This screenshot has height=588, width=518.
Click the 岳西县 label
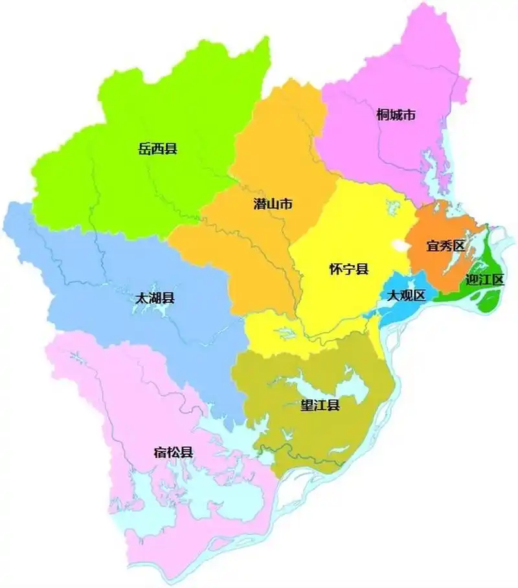[x=157, y=149]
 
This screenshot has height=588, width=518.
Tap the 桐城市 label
[x=395, y=116]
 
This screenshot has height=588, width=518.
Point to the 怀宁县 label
[x=348, y=269]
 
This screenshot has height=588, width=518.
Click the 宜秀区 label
[x=446, y=246]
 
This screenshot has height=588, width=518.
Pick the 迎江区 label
[x=484, y=279]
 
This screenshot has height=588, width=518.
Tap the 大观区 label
[x=406, y=296]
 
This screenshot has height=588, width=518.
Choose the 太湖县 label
[x=155, y=299]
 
